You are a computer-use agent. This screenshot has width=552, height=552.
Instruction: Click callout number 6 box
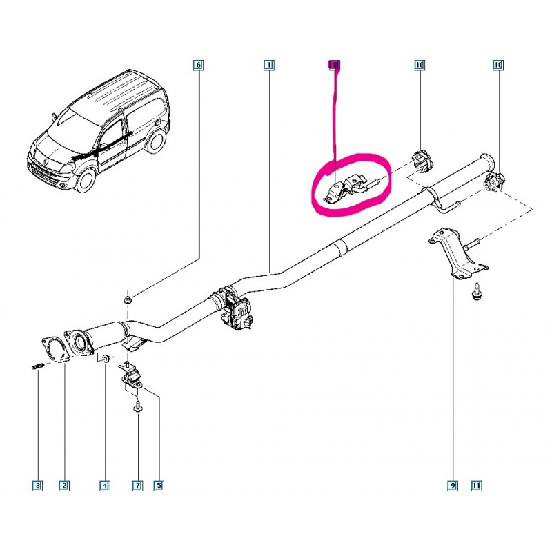198,65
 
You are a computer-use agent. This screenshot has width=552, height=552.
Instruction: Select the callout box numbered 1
268,65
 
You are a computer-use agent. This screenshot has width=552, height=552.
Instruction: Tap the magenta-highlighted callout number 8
335,65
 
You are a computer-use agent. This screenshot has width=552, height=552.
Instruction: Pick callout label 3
37,486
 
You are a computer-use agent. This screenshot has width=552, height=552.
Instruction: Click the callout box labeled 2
64,486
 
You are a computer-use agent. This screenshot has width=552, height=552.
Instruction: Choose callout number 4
105,486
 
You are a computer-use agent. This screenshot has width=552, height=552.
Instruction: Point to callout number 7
137,486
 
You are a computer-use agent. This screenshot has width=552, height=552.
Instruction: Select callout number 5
159,486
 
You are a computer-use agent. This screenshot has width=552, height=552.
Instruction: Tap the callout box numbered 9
453,486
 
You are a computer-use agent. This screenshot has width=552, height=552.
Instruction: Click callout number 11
476,486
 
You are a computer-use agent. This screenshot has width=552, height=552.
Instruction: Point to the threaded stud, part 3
37,367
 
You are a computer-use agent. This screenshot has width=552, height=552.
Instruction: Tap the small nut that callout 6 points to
128,300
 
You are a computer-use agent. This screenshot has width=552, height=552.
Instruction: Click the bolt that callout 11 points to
476,291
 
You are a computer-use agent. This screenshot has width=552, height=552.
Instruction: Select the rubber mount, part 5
130,377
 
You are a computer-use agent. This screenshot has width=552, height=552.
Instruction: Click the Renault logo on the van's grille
46,161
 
